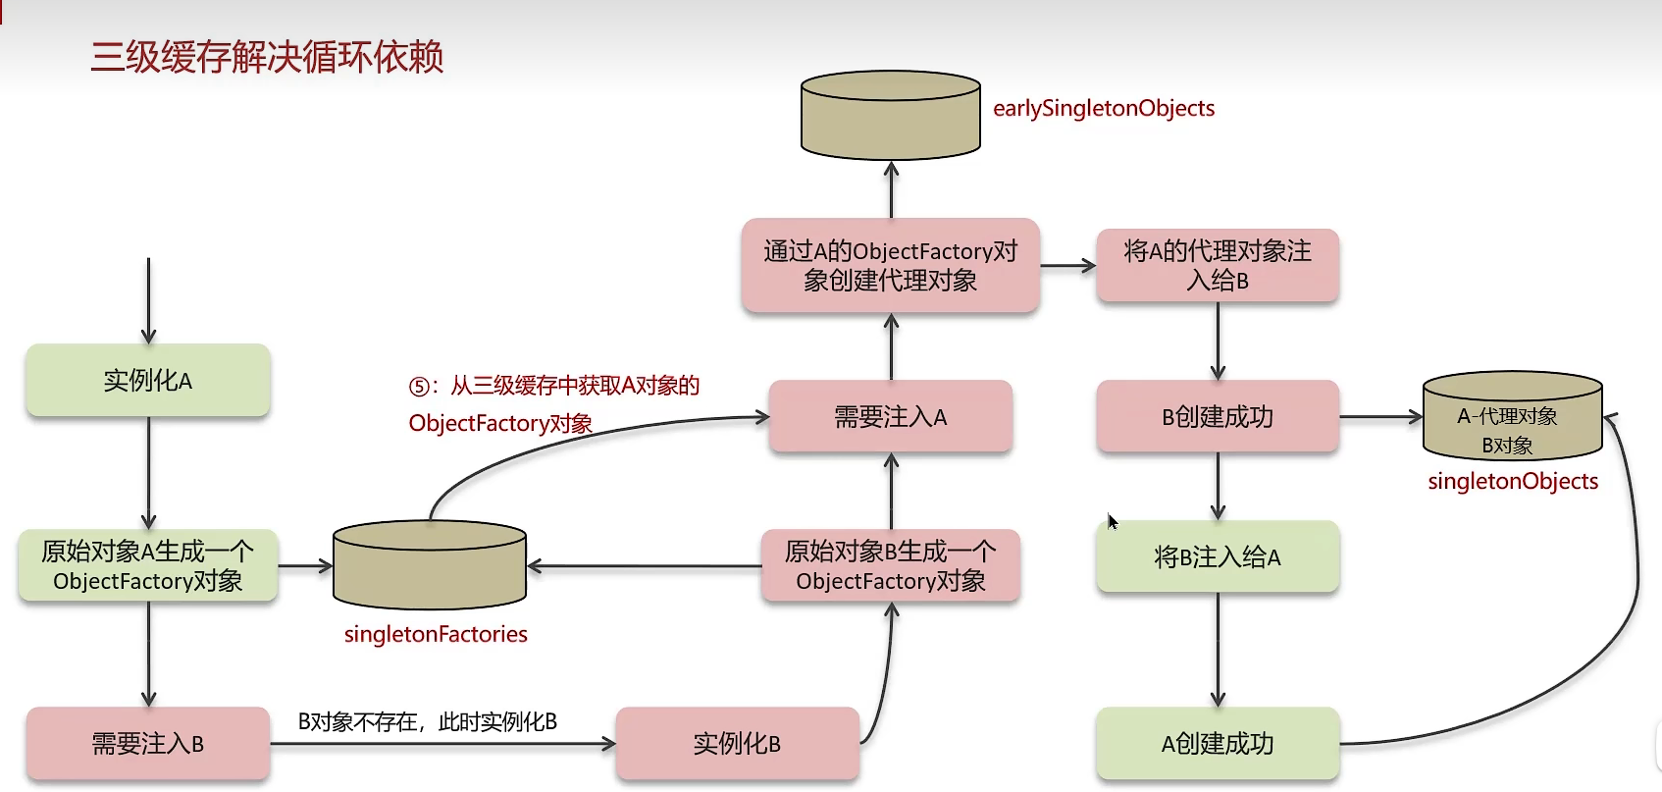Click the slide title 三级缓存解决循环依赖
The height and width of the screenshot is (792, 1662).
pos(267,57)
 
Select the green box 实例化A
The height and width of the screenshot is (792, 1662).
pos(148,380)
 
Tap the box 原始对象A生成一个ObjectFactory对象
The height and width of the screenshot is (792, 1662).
pos(148,565)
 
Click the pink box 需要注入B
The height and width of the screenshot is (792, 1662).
pos(148,744)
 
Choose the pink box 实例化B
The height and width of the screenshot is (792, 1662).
pos(737,744)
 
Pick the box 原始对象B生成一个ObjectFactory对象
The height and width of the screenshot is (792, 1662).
pos(891,565)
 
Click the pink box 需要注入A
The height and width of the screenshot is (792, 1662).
pos(891,417)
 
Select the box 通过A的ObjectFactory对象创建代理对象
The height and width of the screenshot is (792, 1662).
pos(891,266)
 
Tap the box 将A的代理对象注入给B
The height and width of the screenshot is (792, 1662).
pos(1218,266)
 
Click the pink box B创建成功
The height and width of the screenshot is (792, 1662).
pos(1218,417)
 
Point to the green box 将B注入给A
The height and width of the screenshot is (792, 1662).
pos(1218,557)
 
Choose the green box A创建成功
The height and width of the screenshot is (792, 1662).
pos(1218,744)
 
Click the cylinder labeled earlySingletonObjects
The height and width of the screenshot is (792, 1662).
pos(891,116)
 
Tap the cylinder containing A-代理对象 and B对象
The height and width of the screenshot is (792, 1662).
pos(1512,417)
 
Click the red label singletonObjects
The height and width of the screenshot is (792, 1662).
pos(1513,481)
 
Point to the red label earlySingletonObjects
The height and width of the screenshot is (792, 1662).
pos(1104,108)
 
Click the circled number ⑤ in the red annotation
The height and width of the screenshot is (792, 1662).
pos(419,387)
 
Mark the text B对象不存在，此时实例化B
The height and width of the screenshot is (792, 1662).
pos(428,722)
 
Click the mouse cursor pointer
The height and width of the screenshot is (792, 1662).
pos(1112,521)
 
